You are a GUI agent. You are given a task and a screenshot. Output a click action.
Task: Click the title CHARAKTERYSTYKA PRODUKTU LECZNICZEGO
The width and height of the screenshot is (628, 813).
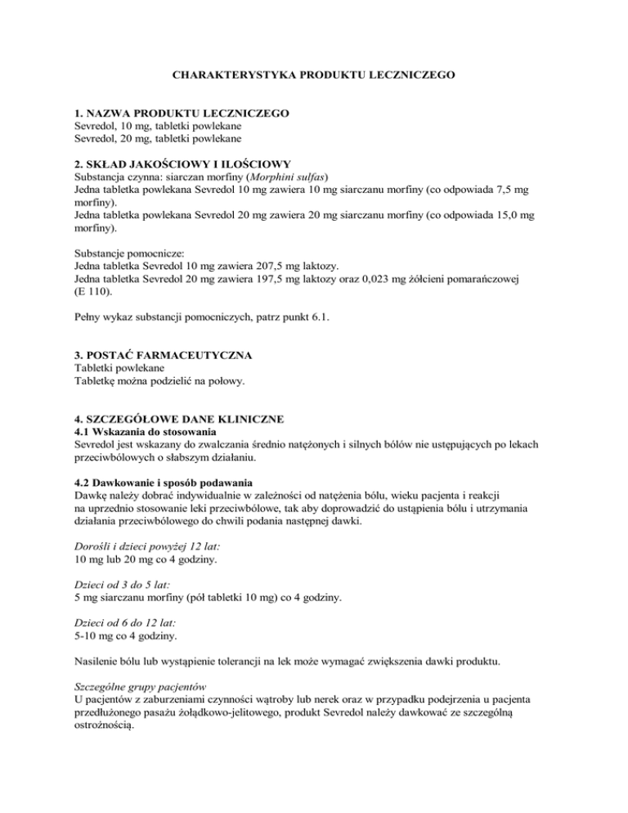pos(313,74)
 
